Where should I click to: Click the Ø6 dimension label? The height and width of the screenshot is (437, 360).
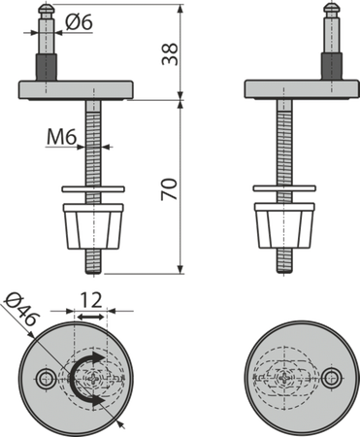79,22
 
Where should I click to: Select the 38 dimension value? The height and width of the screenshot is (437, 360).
170,54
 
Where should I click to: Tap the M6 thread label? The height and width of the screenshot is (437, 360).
61,137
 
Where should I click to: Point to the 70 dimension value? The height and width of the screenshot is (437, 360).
170,189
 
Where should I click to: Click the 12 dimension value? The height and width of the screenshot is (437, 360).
90,300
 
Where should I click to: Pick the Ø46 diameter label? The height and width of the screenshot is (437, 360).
22,310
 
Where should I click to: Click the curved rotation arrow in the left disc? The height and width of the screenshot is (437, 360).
85,379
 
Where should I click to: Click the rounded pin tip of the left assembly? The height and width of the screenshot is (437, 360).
47,9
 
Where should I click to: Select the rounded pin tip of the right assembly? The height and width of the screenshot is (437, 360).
331,9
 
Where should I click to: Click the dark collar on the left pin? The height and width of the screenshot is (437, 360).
47,67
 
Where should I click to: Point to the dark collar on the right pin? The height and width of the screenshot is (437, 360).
331,66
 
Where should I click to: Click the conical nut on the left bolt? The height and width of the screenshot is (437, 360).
93,226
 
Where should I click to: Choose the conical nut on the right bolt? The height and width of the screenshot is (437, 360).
284,225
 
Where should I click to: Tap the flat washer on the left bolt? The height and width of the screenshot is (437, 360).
93,189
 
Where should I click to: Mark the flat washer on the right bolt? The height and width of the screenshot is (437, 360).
284,188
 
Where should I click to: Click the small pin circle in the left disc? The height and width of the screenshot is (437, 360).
45,379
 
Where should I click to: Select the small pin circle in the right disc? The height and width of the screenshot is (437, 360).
333,378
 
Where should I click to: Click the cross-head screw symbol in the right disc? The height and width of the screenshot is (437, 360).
284,378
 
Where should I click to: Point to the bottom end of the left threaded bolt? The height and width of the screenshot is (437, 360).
93,274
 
